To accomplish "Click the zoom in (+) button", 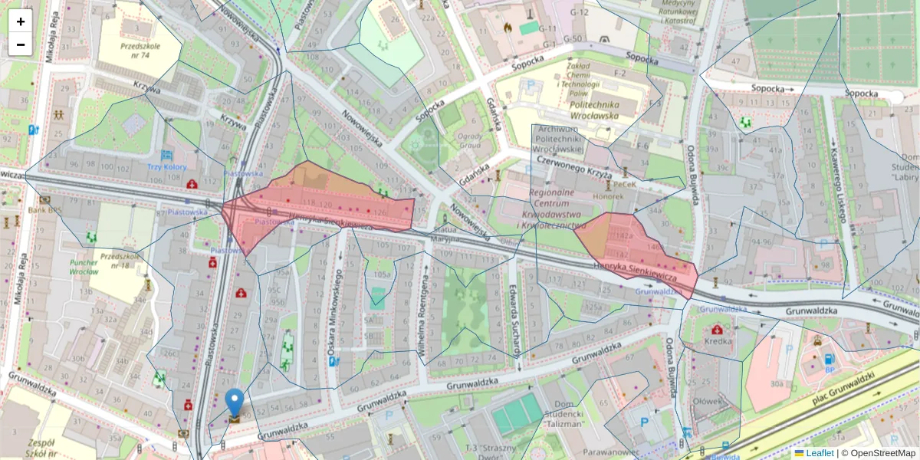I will (x=21, y=21).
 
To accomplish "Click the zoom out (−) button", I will (x=21, y=44).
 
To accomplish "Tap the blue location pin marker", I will (x=235, y=404).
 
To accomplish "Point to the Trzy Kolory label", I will (x=167, y=166).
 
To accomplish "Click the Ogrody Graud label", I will (x=470, y=140).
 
